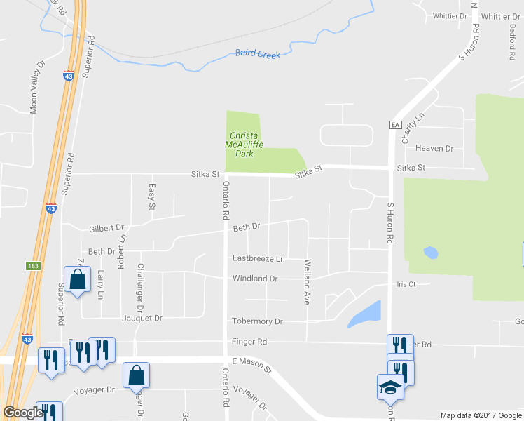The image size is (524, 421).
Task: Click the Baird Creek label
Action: pos(257,53)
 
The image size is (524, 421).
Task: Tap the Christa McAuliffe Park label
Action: pos(243,144)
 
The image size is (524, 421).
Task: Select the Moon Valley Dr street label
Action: pos(36,86)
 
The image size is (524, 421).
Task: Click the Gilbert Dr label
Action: pos(106,228)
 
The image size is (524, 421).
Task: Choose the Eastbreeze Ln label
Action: pos(258,258)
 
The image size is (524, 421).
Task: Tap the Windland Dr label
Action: pos(255,279)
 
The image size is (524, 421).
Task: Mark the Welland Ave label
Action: pos(306,282)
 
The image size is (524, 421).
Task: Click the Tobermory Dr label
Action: pos(257,321)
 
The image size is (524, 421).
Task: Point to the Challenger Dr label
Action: pos(141,288)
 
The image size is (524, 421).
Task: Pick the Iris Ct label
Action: pos(406,284)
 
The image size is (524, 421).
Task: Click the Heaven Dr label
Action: pos(434,149)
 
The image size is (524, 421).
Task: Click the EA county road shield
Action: pos(394,125)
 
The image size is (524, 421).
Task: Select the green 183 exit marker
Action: pos(35,267)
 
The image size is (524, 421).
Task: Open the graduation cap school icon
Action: pos(389,387)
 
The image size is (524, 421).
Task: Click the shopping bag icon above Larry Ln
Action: pos(77,279)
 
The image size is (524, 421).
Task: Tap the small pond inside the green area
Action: pos(430,252)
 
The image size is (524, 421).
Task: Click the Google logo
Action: pos(23,413)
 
